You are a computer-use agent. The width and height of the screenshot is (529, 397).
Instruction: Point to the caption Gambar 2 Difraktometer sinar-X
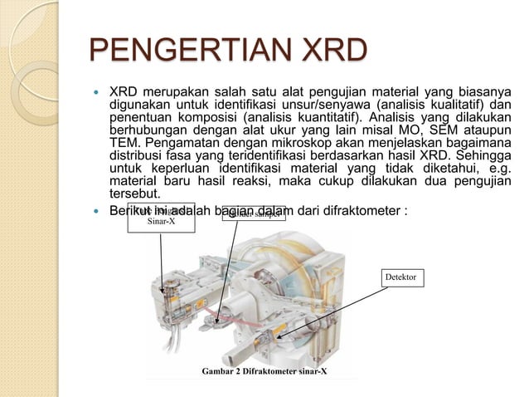(x=264, y=370)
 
